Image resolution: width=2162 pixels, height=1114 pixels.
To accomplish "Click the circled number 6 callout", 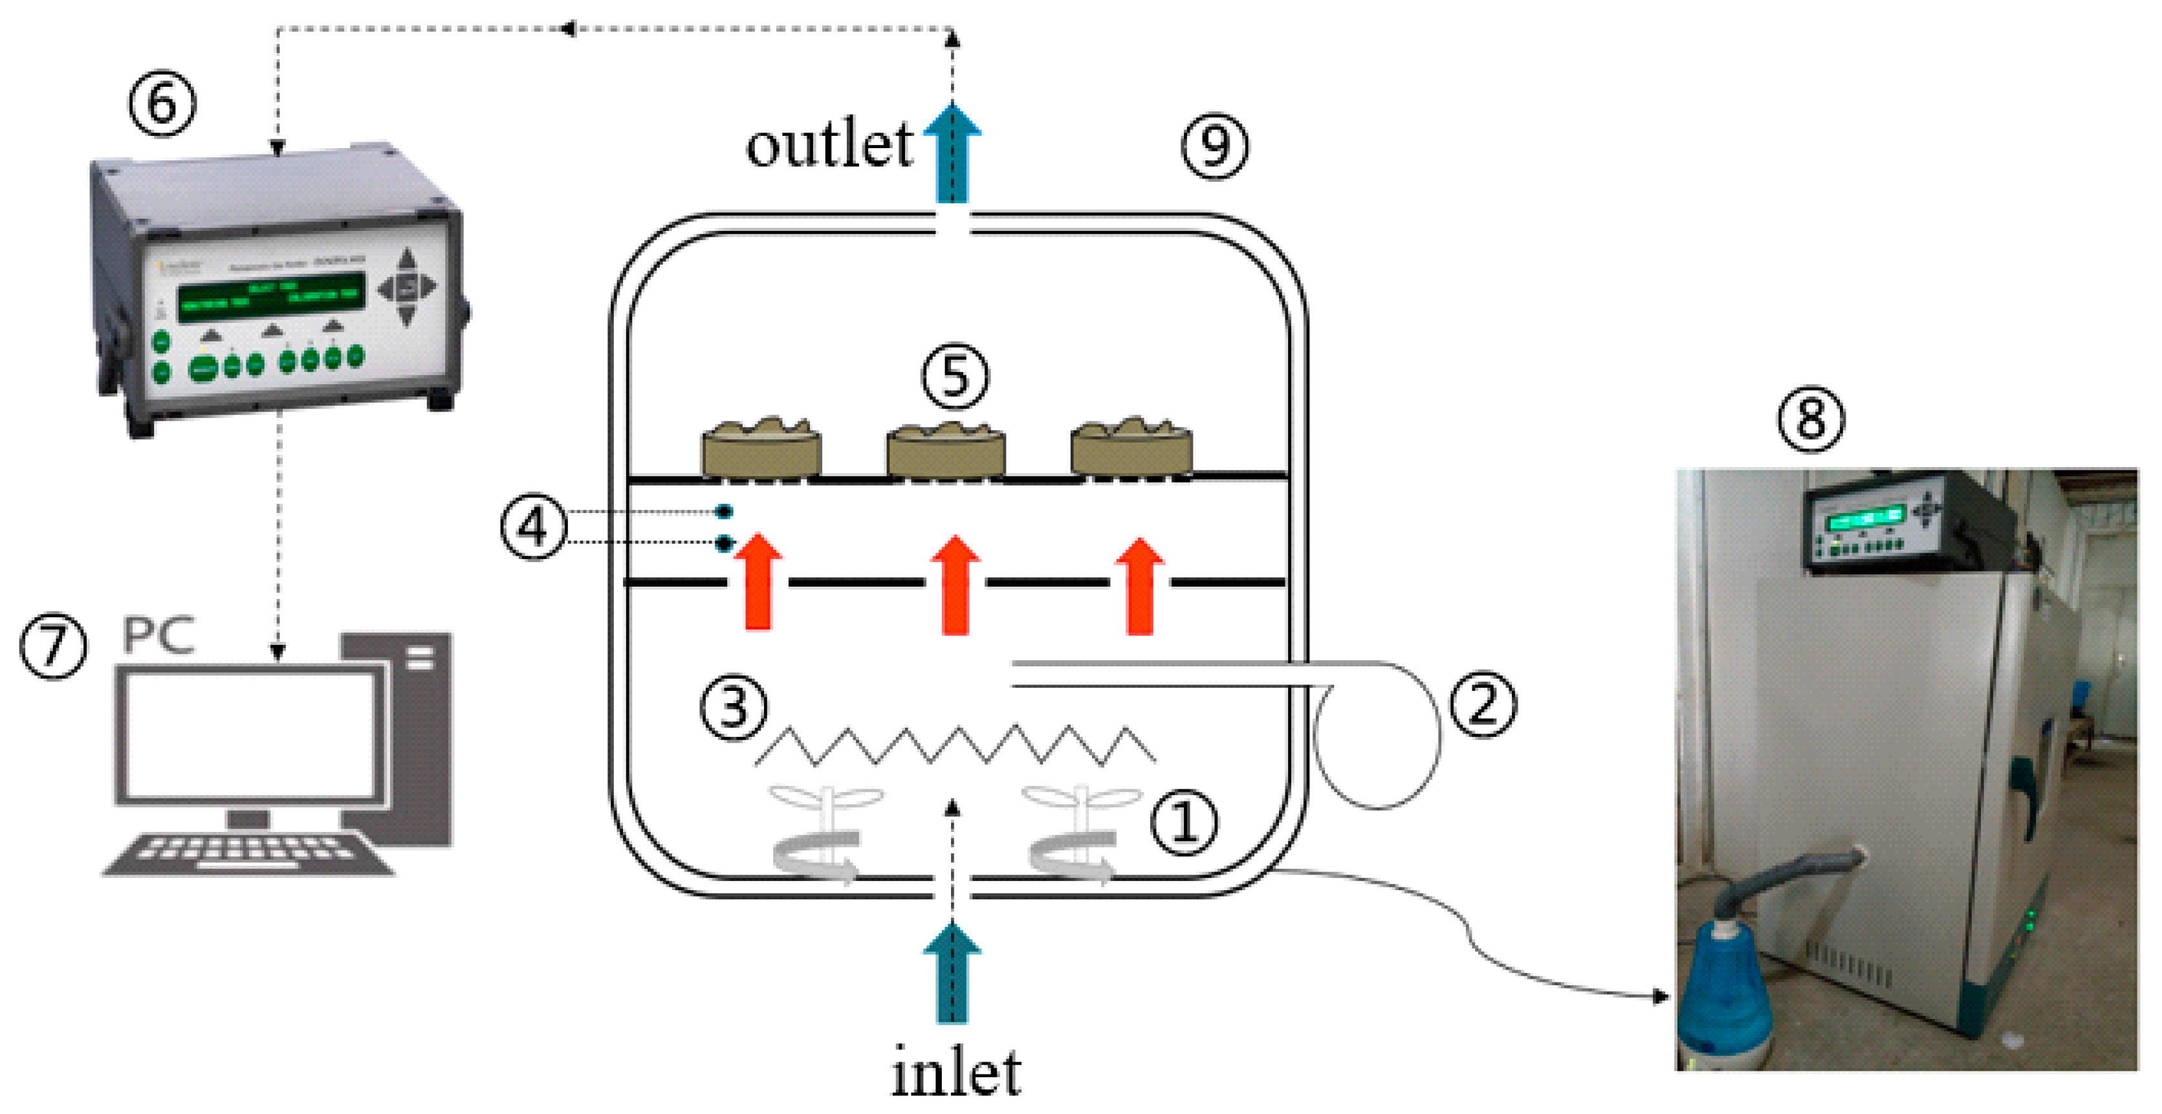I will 162,104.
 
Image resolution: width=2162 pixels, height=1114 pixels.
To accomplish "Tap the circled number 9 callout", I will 1214,146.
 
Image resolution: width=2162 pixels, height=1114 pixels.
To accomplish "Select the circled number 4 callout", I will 534,528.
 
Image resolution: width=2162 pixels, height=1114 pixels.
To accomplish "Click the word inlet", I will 955,1072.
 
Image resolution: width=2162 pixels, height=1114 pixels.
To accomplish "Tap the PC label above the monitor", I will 158,634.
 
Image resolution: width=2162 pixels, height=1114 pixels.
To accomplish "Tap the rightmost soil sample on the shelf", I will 1131,449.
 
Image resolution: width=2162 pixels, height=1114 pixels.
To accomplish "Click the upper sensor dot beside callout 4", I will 723,511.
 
